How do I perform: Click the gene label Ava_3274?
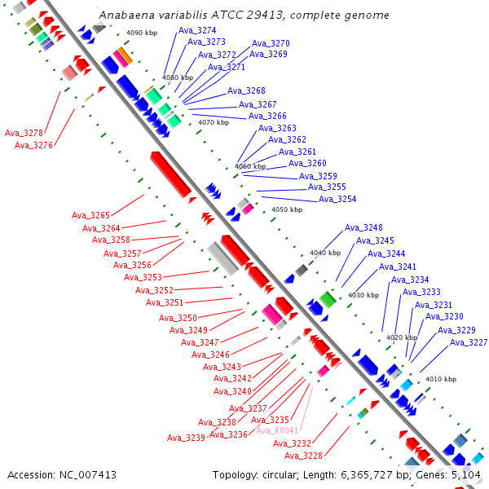click(x=197, y=30)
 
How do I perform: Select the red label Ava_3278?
click(x=24, y=133)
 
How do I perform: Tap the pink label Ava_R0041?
click(x=277, y=430)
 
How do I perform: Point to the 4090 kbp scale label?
click(x=142, y=33)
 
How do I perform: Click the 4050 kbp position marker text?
click(x=287, y=209)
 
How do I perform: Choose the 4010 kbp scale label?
click(x=441, y=379)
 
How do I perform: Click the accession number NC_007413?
click(x=88, y=475)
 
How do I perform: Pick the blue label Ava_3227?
click(x=469, y=343)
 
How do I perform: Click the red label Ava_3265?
click(x=90, y=215)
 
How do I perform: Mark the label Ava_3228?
click(x=303, y=456)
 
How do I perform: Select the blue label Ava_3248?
click(x=363, y=227)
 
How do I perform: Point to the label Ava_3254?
click(x=337, y=199)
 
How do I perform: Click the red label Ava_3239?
click(x=186, y=438)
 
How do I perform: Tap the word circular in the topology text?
click(x=280, y=475)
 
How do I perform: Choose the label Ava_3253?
click(x=143, y=277)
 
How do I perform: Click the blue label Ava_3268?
click(x=246, y=90)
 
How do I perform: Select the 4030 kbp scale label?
click(x=363, y=295)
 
